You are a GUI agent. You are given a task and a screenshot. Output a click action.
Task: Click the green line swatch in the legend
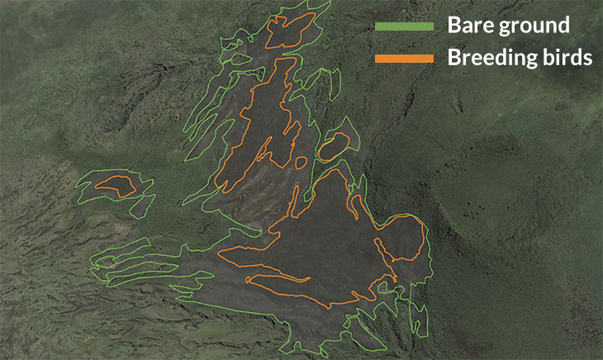coord(404,26)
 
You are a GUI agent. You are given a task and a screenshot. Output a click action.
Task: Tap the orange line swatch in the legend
coord(404,58)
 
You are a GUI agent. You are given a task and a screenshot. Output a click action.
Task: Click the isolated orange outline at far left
coord(115,185)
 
